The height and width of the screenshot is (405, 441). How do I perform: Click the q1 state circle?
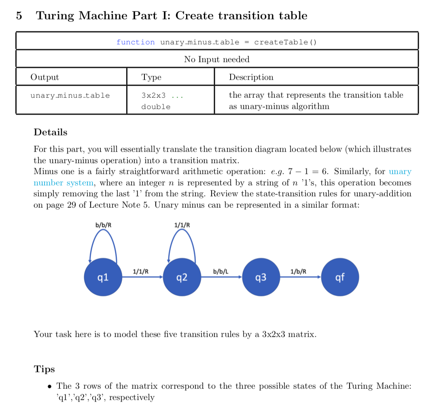tap(103, 278)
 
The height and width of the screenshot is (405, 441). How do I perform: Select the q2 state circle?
tap(182, 278)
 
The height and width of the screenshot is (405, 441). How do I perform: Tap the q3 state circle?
tap(261, 278)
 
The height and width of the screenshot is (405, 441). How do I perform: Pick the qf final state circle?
tap(340, 278)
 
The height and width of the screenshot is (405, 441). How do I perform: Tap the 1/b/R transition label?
tap(299, 271)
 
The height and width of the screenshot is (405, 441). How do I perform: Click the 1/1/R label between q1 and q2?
tap(141, 271)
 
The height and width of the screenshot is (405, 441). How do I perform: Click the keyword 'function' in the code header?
tap(136, 42)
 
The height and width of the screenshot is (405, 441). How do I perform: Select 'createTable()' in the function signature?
tap(285, 42)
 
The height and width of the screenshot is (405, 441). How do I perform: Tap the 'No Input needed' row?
tap(217, 59)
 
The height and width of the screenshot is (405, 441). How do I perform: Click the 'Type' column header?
tap(151, 77)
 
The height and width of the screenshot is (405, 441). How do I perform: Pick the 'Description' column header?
tap(251, 77)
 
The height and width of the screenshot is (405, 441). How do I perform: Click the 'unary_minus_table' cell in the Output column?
tap(70, 95)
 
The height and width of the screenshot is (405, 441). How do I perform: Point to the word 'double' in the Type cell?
tap(156, 107)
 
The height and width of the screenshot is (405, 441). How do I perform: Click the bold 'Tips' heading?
tap(44, 369)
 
